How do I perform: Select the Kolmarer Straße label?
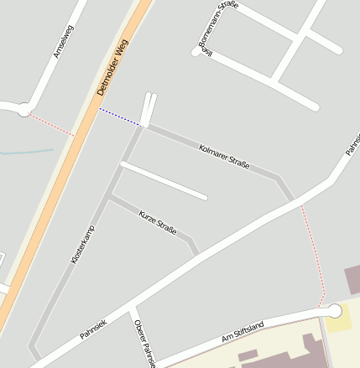click(x=224, y=157)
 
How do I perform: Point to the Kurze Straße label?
click(x=158, y=222)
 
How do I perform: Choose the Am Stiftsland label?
click(x=243, y=331)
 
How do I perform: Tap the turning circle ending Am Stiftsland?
click(x=334, y=311)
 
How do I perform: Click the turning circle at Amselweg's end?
click(x=24, y=109)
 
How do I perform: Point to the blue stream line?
click(x=25, y=152)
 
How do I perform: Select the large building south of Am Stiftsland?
click(x=285, y=352)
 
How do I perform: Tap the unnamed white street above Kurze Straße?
click(x=164, y=180)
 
